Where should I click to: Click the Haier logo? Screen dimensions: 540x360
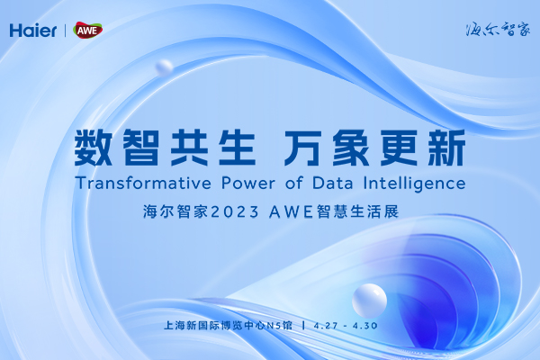click(x=33, y=31)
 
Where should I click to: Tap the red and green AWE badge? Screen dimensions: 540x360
click(x=88, y=31)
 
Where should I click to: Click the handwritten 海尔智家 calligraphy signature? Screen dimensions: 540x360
click(x=498, y=30)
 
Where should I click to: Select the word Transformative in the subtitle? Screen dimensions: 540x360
click(x=143, y=184)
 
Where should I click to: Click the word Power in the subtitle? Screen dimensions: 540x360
click(x=248, y=184)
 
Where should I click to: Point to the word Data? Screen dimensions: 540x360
click(x=333, y=184)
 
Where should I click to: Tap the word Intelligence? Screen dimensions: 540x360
click(x=414, y=184)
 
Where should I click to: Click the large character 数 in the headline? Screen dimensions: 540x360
click(x=94, y=148)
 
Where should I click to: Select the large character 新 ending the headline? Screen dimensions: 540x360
click(x=446, y=148)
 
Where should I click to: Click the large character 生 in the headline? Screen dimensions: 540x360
click(x=237, y=148)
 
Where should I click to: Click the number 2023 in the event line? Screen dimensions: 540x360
click(x=234, y=211)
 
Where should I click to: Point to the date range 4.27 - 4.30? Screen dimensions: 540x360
click(x=346, y=326)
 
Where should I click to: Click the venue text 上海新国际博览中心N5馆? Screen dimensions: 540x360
click(x=228, y=325)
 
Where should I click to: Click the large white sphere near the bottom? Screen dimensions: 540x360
click(x=369, y=301)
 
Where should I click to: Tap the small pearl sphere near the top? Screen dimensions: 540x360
click(x=165, y=67)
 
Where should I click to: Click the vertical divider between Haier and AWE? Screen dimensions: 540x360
click(x=66, y=31)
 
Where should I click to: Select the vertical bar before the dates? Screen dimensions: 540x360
click(x=303, y=325)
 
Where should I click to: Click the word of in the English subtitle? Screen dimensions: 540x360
click(x=293, y=184)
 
